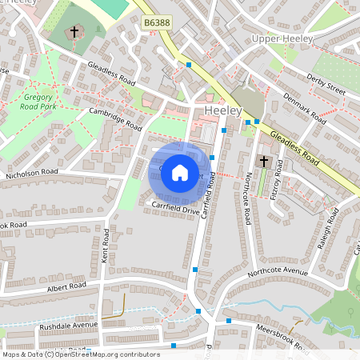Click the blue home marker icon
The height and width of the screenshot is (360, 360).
coord(180,173)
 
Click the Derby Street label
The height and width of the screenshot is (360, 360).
coord(326,84)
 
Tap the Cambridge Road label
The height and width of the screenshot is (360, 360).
coord(115,120)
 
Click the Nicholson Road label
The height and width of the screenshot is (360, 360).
coord(32,171)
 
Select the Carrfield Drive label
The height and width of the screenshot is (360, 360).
coord(175,210)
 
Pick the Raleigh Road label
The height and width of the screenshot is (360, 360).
coord(322,231)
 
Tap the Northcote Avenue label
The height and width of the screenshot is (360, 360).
coord(277,272)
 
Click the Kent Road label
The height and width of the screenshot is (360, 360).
coord(105,245)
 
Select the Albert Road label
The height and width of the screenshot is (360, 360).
coord(66,286)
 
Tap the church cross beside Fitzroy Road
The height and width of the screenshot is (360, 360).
coord(264,162)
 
